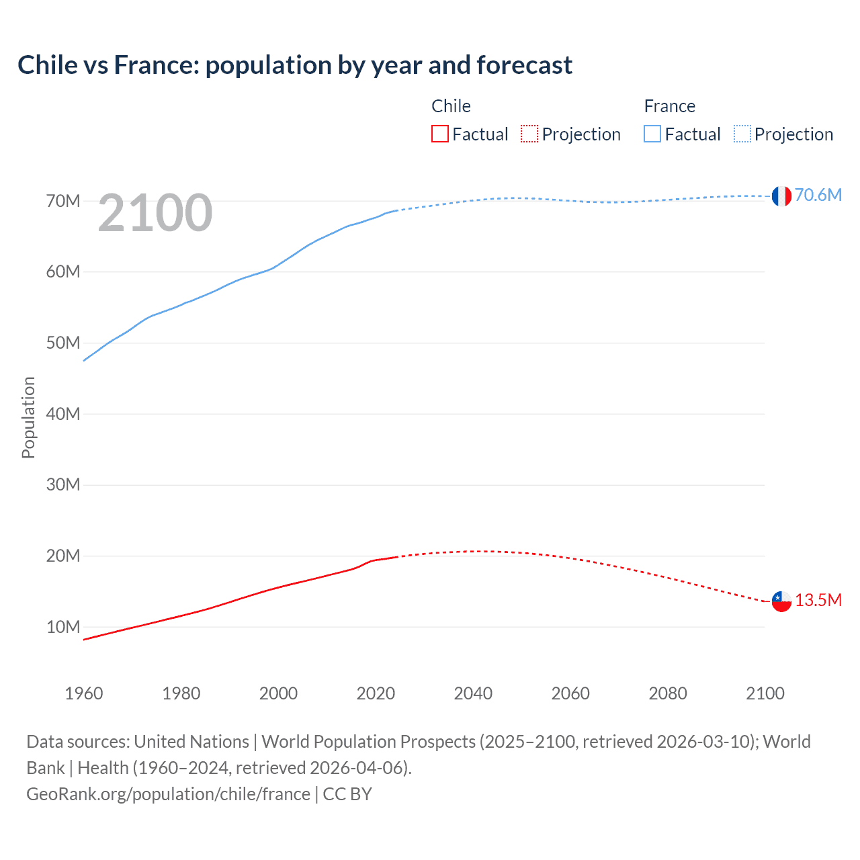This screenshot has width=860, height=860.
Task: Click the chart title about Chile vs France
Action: (295, 65)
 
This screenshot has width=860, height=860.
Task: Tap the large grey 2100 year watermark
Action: (155, 213)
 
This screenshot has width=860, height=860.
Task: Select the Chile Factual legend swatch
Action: (439, 134)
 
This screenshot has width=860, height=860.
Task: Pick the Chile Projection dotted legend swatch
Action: (529, 134)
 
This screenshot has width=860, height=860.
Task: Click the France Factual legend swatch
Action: (652, 134)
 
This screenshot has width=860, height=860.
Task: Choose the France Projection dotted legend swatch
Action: (742, 134)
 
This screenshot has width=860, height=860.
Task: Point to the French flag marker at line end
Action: (781, 196)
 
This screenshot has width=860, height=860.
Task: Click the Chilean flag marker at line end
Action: (781, 601)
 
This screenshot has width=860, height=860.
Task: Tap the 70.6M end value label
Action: (818, 195)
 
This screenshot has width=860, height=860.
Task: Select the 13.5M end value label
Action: (818, 600)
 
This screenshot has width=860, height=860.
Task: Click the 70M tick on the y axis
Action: (63, 201)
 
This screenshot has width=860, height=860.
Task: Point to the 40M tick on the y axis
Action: (63, 414)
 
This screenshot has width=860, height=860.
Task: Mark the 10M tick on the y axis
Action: (63, 627)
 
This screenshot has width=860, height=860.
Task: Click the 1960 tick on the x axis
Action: (84, 693)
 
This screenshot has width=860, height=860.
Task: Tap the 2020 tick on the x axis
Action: (376, 693)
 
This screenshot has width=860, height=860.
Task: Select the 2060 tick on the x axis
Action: (570, 693)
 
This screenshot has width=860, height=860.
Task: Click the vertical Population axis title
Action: (28, 417)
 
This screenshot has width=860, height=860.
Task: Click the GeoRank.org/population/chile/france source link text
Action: (168, 794)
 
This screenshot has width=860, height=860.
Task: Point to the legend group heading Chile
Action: (451, 106)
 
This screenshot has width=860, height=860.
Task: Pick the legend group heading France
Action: (669, 106)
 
